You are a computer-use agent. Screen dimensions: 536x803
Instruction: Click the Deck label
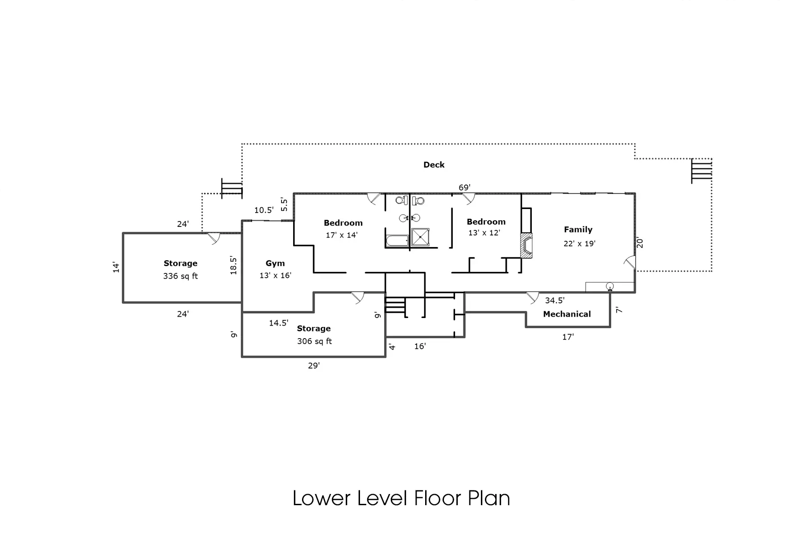[x=434, y=165]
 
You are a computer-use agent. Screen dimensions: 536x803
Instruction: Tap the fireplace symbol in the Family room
[x=527, y=246]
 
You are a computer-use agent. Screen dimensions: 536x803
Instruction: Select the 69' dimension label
[x=464, y=187]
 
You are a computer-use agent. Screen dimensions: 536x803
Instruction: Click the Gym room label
[x=275, y=264]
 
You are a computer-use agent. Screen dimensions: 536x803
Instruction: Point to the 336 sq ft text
[x=180, y=276]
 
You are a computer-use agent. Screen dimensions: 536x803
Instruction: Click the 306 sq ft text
[x=315, y=341]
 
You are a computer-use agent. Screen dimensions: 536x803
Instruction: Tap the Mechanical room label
[x=567, y=314]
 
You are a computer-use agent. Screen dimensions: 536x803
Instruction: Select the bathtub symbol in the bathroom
[x=397, y=241]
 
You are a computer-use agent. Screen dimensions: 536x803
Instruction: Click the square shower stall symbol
[x=420, y=237]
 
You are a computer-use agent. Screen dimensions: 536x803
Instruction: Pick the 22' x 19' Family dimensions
[x=579, y=243]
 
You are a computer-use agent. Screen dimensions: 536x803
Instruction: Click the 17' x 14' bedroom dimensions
[x=341, y=235]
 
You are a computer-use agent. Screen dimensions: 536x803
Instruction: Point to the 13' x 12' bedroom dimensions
[x=484, y=233]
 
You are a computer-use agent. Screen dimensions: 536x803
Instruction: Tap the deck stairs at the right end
[x=701, y=171]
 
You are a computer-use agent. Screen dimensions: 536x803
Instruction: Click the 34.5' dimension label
[x=555, y=301]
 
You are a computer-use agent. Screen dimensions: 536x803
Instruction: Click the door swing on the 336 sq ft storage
[x=214, y=238]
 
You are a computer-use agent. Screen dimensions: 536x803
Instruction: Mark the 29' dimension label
[x=314, y=365]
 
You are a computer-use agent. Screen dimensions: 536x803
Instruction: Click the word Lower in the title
[x=321, y=498]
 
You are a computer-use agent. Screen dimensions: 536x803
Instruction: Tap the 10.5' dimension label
[x=264, y=210]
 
